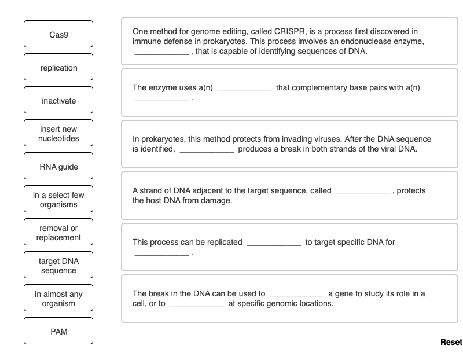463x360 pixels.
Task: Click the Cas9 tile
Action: coord(58,35)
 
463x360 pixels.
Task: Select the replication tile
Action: coord(58,68)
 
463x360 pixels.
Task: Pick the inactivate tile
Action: coord(58,101)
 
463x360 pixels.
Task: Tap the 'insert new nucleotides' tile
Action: coord(58,134)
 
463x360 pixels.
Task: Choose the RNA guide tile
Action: coord(58,167)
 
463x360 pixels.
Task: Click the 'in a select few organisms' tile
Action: coord(58,200)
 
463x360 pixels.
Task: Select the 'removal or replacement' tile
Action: coord(58,233)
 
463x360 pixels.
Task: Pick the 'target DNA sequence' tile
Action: coord(58,266)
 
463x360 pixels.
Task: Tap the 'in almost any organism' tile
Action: coord(58,299)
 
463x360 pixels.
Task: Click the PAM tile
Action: coord(58,332)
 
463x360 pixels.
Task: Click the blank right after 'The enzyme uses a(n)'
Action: coord(244,89)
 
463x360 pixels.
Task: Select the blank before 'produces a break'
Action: coord(207,150)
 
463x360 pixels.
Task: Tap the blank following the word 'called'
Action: coord(363,191)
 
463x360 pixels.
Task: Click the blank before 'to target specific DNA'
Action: coord(274,243)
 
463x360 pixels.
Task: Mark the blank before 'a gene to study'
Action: coord(297,294)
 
